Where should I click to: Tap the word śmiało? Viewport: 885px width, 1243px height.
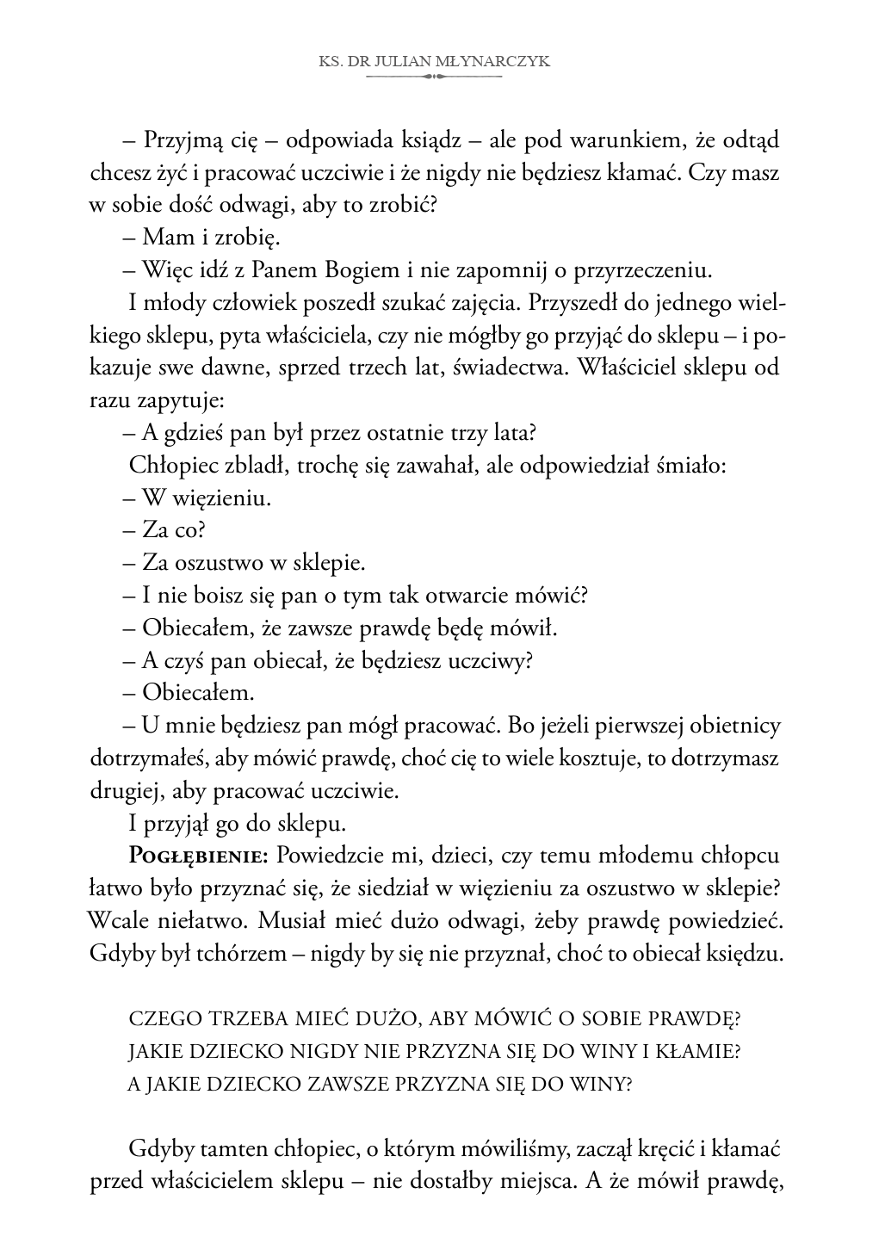click(x=694, y=466)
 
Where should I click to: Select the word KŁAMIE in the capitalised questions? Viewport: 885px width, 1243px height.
click(x=704, y=1051)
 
